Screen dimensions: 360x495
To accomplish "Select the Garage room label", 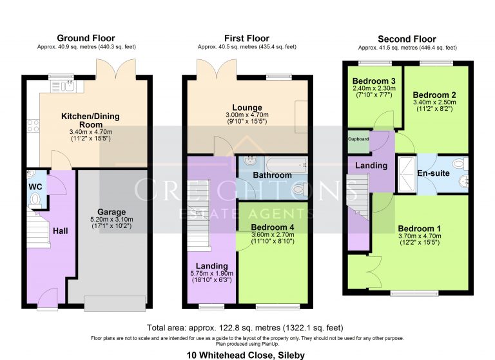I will click(x=112, y=212).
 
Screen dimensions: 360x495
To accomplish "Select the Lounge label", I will click(x=247, y=108).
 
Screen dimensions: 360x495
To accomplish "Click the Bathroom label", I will click(x=271, y=175).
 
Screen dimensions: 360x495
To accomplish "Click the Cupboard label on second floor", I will click(x=358, y=139).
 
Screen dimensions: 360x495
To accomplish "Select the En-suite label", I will click(x=434, y=173).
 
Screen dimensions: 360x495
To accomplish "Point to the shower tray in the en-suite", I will click(x=406, y=174).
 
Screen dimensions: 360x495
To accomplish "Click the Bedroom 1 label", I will click(x=420, y=229).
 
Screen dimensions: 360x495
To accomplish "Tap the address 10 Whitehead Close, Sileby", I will click(x=247, y=354).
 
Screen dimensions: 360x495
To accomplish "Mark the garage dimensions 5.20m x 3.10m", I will click(x=112, y=220).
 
